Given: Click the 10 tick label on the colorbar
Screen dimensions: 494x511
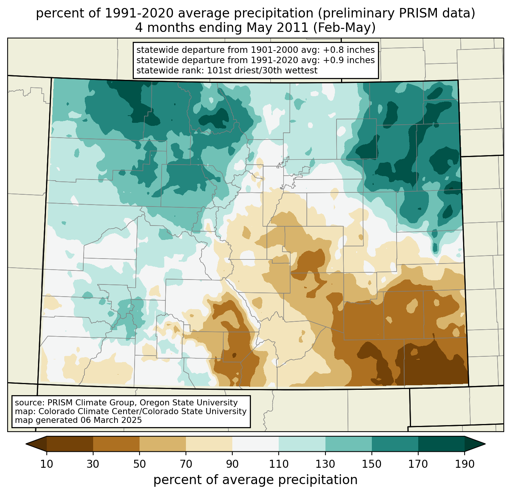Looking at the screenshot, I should [x=47, y=464].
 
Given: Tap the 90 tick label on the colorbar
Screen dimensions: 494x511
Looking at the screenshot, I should [x=232, y=464].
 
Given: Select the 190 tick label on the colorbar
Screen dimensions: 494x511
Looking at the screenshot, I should [x=465, y=464].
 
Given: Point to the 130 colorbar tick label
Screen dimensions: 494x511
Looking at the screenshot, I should [x=325, y=464].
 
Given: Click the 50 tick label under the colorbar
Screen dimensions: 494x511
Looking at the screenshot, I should [x=140, y=464].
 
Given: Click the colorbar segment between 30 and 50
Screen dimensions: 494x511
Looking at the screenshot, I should [x=116, y=444].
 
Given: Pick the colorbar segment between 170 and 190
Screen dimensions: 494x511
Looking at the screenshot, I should [x=441, y=444].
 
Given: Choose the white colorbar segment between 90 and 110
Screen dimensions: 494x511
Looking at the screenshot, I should [x=255, y=444].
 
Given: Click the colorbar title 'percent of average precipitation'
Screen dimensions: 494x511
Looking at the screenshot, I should [x=255, y=480].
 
